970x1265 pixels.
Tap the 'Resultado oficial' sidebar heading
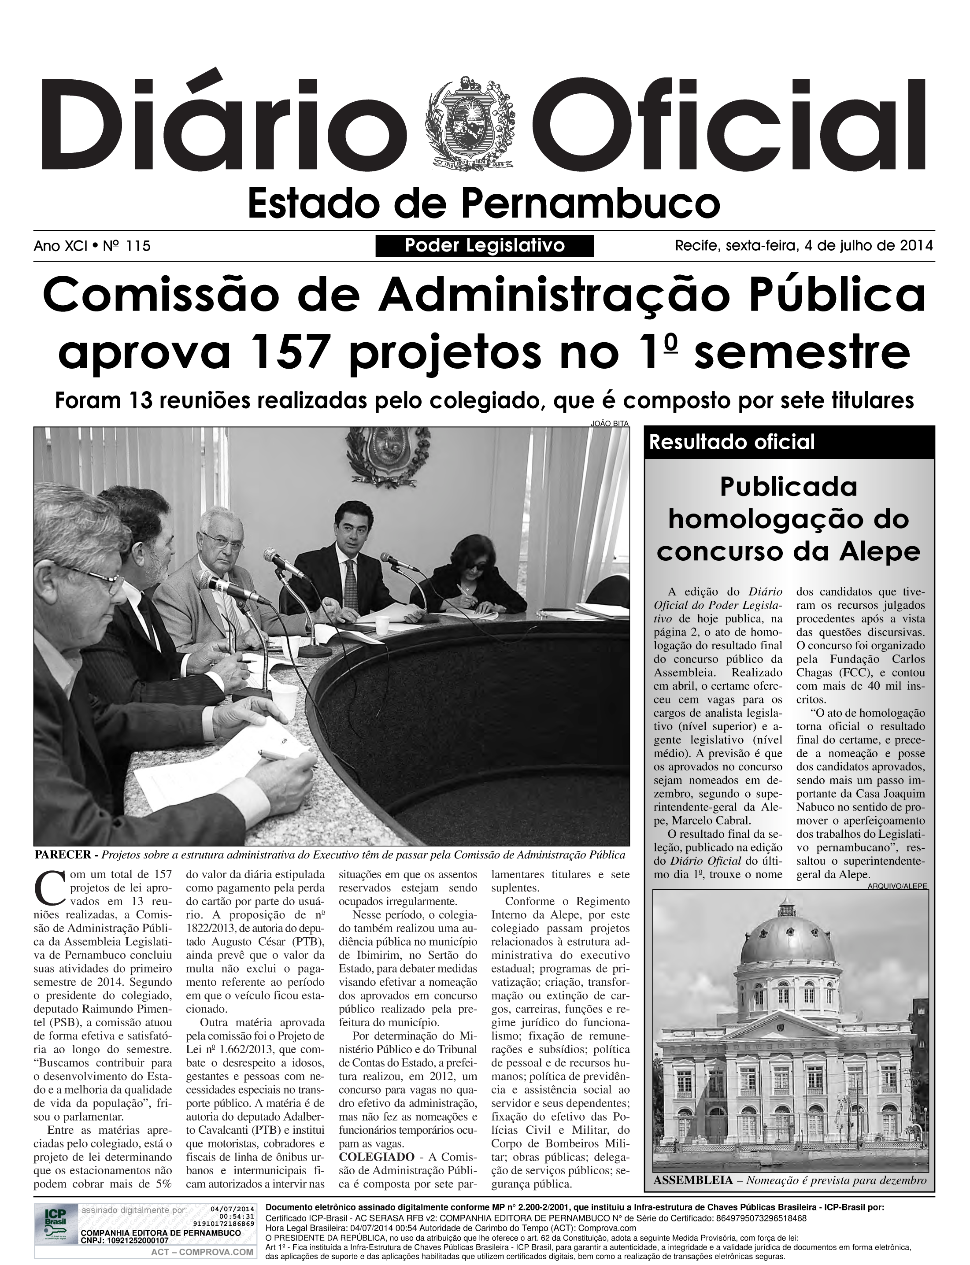732,442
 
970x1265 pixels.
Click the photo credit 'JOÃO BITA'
609,423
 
